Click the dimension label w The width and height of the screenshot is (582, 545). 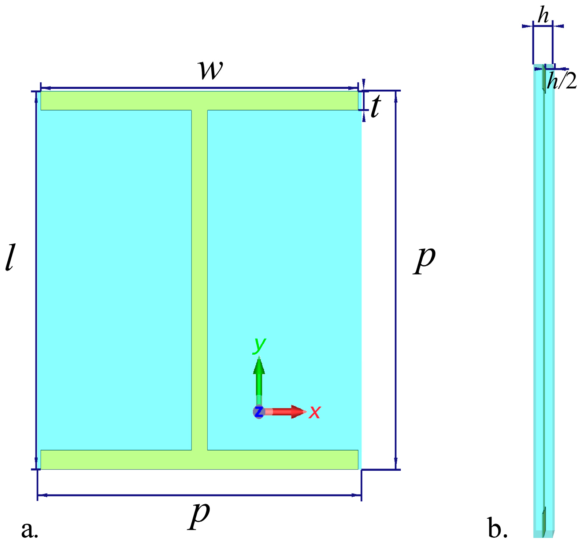point(210,70)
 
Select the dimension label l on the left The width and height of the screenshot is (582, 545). point(10,258)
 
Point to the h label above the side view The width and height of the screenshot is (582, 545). point(543,16)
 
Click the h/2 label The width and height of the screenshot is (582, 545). point(561,81)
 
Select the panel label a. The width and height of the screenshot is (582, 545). point(30,529)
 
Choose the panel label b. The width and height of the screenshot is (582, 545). point(498,529)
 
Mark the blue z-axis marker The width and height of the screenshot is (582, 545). point(259,412)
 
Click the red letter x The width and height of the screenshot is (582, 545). point(315,412)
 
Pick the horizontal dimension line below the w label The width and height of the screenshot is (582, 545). point(199,88)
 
